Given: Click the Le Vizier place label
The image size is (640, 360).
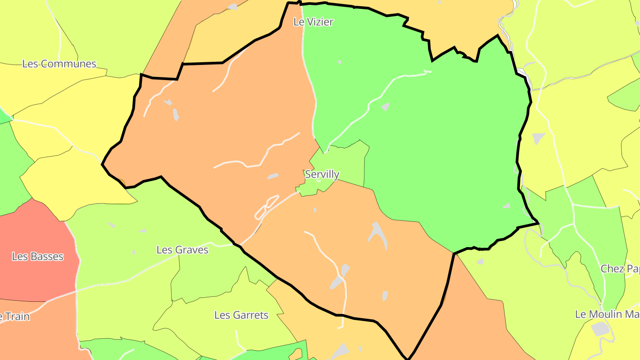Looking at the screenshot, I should click(x=313, y=22).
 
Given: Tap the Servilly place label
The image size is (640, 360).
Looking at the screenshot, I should click(x=322, y=174).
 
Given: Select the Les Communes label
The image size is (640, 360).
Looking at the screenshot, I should click(x=59, y=64).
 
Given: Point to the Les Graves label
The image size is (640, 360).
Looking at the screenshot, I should click(x=182, y=250).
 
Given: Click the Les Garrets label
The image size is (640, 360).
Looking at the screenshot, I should click(x=241, y=315).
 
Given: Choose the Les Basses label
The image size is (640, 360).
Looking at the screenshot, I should click(x=38, y=256).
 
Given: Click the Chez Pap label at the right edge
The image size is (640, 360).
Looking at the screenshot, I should click(x=620, y=268).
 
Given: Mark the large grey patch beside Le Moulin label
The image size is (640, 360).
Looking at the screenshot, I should click(x=600, y=329).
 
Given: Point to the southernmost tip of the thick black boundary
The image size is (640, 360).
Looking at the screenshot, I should click(x=407, y=357).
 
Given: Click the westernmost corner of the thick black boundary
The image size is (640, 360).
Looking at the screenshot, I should click(x=103, y=164).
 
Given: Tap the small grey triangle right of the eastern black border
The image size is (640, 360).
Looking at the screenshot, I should click(x=538, y=138).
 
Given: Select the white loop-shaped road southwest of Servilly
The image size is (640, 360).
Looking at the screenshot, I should click(x=266, y=208).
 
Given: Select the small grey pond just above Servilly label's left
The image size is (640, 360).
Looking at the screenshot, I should click(x=272, y=176).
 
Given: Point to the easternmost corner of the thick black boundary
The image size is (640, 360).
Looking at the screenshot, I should click(x=538, y=222).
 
